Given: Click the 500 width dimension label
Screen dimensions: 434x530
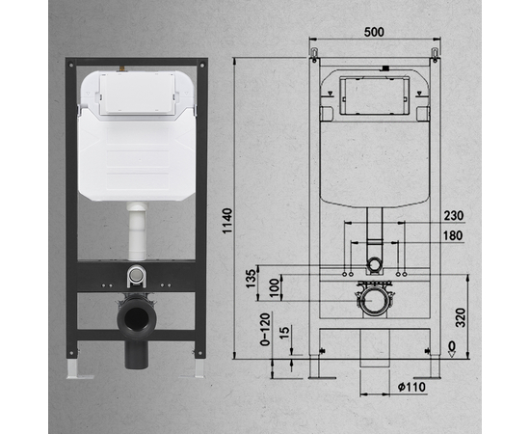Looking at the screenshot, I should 375,32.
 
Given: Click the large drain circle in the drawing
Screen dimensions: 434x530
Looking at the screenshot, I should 374,303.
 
